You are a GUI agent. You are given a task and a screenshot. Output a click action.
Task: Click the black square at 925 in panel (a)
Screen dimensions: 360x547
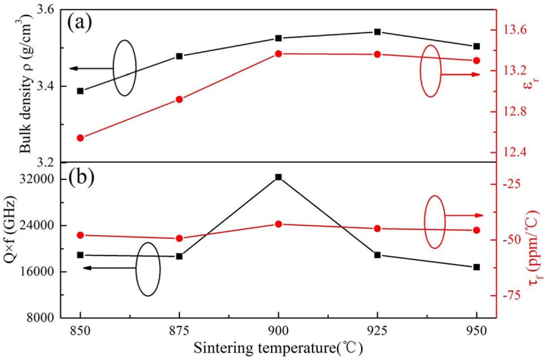(377, 32)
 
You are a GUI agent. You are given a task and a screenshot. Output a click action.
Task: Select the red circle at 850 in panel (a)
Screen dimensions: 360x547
(80, 138)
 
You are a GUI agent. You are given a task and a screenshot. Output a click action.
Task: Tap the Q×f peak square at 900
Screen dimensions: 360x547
(278, 177)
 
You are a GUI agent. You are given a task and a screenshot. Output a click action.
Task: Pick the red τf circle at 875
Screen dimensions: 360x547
(179, 238)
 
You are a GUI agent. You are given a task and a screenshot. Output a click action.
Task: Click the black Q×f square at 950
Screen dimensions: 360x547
(477, 267)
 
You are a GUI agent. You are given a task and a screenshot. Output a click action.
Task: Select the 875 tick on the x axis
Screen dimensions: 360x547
(179, 330)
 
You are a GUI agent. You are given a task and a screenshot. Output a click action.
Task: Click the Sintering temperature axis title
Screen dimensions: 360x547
(278, 348)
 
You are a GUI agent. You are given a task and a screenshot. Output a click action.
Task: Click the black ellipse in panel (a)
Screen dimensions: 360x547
(125, 68)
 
